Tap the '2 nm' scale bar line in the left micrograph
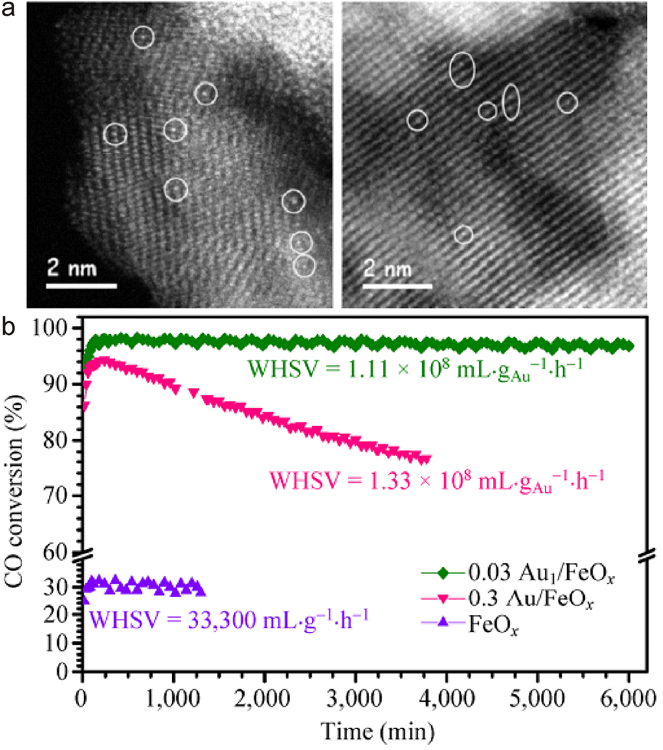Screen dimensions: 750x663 (81, 286)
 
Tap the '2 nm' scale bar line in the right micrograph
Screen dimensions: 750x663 (397, 286)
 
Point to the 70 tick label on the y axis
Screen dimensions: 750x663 (55, 495)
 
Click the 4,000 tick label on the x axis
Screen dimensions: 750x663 (447, 699)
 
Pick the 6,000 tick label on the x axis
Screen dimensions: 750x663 (628, 699)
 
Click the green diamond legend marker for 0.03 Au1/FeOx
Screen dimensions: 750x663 (443, 573)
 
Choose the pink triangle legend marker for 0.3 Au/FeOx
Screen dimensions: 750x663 (443, 599)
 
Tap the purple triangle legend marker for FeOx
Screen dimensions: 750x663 (443, 622)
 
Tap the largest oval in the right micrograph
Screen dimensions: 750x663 (462, 70)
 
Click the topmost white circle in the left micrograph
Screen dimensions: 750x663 (143, 37)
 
